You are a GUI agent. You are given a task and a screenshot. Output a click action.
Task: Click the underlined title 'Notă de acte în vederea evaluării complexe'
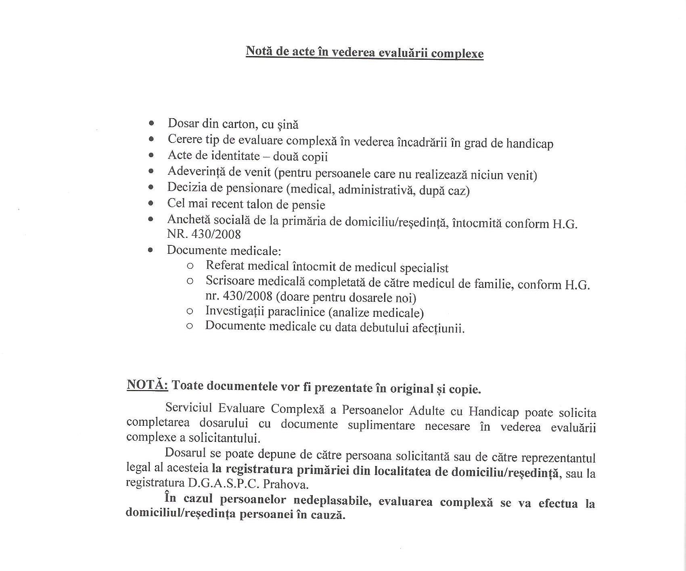click(x=364, y=53)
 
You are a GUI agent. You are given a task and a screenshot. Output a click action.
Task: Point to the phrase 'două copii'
click(x=300, y=157)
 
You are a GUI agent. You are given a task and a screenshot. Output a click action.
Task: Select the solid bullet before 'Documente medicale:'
click(x=151, y=250)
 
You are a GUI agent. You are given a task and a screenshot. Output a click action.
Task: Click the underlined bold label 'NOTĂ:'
click(x=147, y=385)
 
